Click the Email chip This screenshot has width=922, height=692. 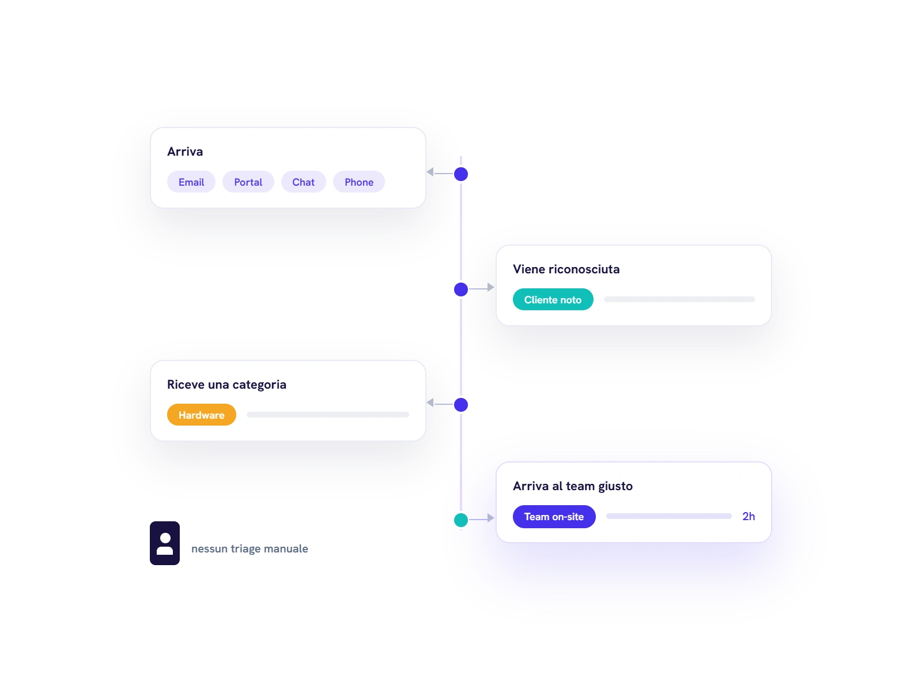[191, 182]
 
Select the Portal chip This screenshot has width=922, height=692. [248, 182]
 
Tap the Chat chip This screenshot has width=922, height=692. [303, 182]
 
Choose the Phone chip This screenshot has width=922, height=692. [359, 182]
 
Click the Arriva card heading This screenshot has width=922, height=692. [185, 152]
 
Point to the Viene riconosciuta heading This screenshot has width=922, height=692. [566, 269]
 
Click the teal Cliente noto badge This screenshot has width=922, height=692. [553, 299]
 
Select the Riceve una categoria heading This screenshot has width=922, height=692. [227, 385]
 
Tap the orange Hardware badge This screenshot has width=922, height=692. [202, 415]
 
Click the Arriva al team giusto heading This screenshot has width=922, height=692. [573, 487]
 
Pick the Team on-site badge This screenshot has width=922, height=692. [554, 517]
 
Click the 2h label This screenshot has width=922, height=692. [749, 516]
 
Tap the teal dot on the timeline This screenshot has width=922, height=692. [461, 520]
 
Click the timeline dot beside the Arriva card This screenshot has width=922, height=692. [461, 174]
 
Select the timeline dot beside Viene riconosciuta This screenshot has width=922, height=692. [461, 289]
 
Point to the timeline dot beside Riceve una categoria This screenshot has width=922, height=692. [461, 405]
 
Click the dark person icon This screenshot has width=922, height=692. [165, 543]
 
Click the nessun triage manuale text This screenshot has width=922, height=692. [250, 549]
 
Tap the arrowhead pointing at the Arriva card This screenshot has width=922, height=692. [430, 172]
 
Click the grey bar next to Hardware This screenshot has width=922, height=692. [328, 415]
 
